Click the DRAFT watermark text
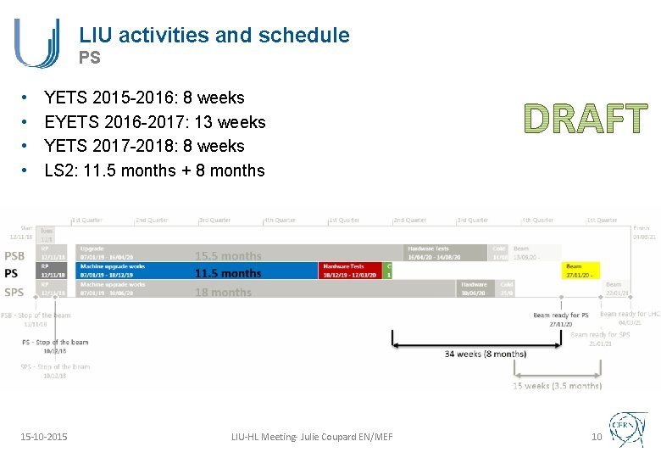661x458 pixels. (585, 120)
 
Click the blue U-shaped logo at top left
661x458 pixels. (36, 43)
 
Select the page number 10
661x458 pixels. (596, 436)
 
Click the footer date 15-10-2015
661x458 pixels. (44, 436)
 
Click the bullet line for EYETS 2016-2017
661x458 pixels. (154, 122)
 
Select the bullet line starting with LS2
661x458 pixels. (154, 170)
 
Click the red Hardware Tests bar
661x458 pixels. (352, 271)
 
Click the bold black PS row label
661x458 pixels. (11, 272)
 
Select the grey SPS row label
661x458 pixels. (14, 292)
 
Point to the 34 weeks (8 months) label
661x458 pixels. (485, 354)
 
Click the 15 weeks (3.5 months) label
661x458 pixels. (557, 386)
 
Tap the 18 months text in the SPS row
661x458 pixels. (223, 293)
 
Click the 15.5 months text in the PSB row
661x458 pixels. (228, 255)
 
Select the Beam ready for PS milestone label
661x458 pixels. (560, 315)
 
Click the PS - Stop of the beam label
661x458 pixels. (55, 342)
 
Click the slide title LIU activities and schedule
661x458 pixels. (214, 35)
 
